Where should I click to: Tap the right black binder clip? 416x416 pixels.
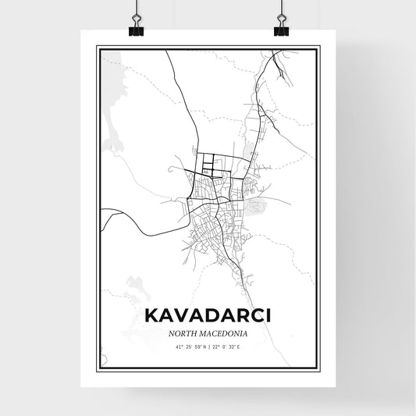[281, 27]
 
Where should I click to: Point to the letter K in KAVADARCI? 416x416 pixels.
[151, 316]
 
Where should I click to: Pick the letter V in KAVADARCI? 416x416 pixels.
[182, 316]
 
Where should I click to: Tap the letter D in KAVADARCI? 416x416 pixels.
[213, 316]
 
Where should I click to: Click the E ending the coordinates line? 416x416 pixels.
[245, 347]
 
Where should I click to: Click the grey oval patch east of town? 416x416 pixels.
[256, 206]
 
